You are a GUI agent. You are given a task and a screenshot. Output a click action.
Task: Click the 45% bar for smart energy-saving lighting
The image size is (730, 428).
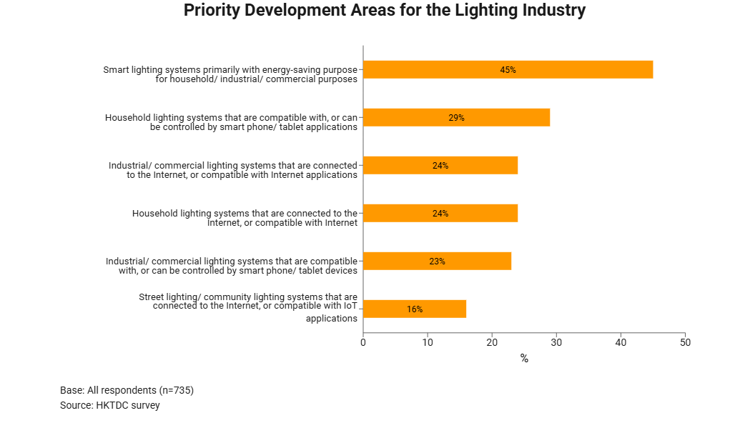508,69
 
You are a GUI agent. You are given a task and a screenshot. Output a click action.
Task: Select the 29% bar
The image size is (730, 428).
456,117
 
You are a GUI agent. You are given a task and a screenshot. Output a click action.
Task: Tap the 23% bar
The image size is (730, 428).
437,261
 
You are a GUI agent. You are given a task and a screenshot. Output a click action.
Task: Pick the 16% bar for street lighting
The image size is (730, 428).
415,309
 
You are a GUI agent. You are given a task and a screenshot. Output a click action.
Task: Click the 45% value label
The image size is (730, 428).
508,70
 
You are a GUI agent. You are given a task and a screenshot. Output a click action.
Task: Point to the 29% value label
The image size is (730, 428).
456,118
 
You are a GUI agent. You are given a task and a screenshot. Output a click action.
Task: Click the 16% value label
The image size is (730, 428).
415,309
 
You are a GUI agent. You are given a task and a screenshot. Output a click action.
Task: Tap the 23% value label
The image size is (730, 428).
437,262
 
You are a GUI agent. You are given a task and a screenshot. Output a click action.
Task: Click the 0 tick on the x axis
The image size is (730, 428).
363,342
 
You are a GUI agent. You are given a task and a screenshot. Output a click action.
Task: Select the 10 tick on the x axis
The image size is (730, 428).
428,342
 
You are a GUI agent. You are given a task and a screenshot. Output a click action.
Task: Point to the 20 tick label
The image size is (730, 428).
492,342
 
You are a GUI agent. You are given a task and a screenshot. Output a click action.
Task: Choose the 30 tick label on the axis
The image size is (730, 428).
556,342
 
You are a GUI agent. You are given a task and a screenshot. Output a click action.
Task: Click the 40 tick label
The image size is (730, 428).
621,342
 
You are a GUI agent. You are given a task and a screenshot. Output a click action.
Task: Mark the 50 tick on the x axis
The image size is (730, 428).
685,342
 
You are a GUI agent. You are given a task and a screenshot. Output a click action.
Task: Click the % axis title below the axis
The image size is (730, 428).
524,359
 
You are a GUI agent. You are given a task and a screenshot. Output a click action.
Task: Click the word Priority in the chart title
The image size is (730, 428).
215,11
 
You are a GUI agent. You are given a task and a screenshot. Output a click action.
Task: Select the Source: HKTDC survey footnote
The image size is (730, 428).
110,405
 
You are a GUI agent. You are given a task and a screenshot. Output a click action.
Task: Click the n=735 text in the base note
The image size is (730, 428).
174,390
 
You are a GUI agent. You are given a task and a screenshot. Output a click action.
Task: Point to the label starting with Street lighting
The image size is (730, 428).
248,307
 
